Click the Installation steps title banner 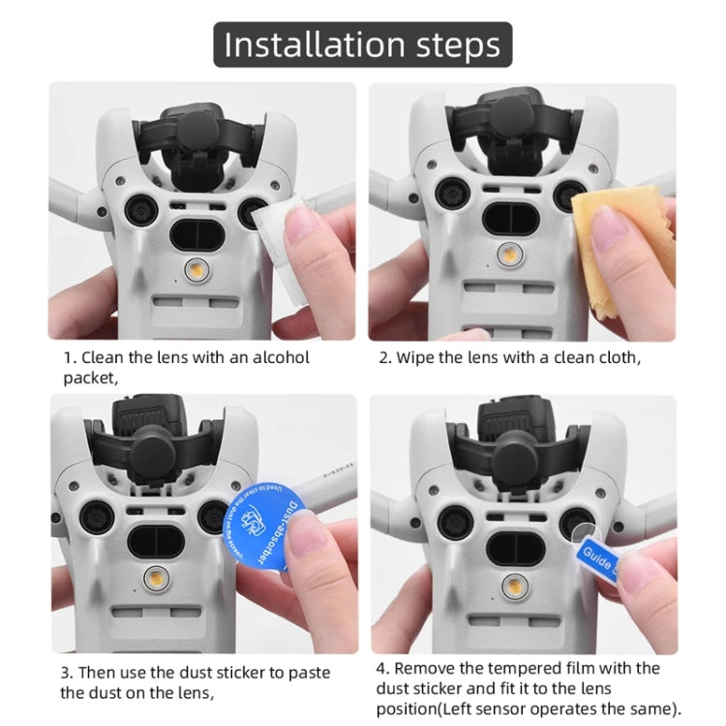pos(363,45)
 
